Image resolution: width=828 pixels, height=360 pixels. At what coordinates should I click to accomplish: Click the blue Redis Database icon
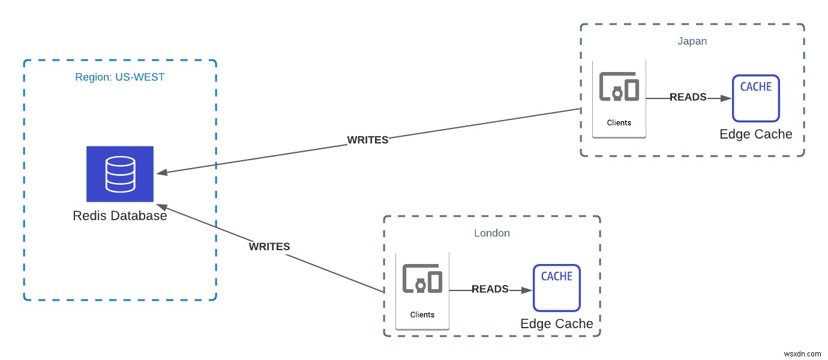pos(120,174)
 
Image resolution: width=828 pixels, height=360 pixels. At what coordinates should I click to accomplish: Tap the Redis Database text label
pos(120,216)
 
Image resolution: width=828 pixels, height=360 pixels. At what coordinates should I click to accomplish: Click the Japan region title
pos(692,41)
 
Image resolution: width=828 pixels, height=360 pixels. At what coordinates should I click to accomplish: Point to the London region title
pos(491,233)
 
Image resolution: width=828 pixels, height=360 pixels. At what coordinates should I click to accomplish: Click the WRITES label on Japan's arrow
pos(368,140)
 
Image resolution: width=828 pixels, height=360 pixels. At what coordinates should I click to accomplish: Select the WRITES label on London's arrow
pos(269,247)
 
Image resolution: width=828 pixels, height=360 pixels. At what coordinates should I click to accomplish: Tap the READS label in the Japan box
pos(688,97)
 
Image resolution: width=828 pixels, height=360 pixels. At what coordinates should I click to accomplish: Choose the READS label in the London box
pos(490,289)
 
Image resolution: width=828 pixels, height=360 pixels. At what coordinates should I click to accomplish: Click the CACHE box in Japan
pos(755,98)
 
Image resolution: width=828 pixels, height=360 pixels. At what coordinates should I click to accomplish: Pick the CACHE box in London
pos(557,288)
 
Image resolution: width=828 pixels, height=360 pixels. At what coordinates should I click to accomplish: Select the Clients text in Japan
pos(619,123)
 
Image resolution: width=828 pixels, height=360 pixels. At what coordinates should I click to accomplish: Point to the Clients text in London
pos(422,314)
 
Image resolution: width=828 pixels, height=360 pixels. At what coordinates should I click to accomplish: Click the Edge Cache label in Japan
pos(755,134)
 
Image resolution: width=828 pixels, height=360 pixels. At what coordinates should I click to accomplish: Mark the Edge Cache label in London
pos(557,324)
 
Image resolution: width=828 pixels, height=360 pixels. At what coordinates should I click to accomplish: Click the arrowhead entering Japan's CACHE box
pos(727,98)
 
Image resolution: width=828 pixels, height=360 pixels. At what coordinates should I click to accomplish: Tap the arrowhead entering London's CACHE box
pos(527,290)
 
